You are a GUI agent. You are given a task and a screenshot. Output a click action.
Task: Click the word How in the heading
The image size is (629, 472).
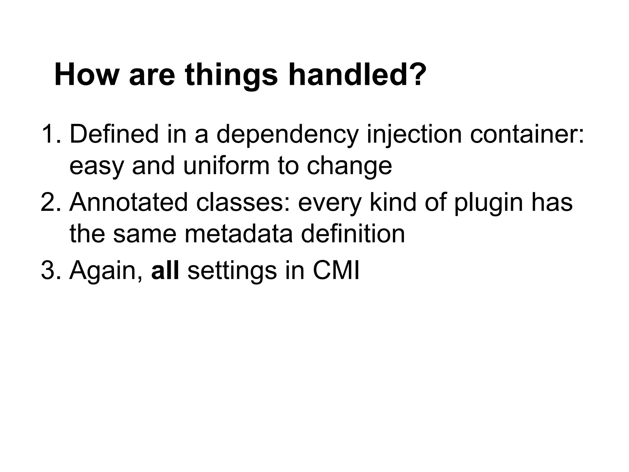click(86, 75)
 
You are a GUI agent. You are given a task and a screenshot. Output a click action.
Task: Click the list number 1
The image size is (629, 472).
click(49, 134)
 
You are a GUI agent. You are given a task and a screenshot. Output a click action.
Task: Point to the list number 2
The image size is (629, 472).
click(49, 202)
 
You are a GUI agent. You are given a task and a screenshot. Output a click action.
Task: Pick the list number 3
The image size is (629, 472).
click(49, 270)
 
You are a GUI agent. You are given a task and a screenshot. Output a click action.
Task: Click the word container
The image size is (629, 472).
click(527, 134)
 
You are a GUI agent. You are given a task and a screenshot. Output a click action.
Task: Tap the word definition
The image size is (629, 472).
click(353, 234)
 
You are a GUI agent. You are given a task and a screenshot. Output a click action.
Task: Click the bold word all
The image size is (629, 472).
click(165, 270)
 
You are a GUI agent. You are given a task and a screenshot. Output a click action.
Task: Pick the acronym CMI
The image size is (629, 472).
click(336, 270)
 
